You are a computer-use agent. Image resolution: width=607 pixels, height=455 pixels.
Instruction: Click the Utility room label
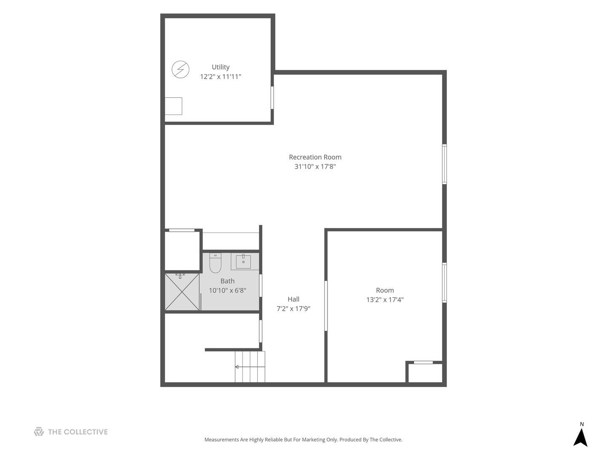[220, 67]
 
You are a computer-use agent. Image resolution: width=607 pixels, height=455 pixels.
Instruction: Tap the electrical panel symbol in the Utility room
[180, 70]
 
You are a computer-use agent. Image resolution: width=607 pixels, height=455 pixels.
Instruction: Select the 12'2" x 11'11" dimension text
[220, 77]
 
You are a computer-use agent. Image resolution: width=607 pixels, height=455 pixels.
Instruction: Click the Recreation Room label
[315, 157]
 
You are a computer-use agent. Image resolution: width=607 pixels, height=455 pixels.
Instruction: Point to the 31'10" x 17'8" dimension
[315, 166]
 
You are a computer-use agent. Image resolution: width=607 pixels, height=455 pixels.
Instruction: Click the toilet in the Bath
[215, 263]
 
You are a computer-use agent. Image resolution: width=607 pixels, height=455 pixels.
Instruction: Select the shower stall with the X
[182, 292]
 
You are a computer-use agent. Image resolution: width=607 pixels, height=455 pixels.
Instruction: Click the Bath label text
[227, 281]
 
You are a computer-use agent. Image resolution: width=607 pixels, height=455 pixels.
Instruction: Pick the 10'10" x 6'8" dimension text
[227, 290]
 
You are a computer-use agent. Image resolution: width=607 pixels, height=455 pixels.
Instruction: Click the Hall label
[293, 299]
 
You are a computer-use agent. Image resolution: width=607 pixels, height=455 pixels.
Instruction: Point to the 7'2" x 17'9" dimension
[293, 308]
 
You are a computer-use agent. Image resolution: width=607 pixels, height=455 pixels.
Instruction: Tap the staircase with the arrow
[250, 367]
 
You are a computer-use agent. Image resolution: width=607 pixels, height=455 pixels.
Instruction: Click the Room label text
[385, 290]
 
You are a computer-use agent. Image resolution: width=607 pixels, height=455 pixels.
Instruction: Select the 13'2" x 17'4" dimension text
[385, 300]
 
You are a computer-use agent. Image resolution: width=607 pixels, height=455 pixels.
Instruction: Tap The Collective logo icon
[39, 431]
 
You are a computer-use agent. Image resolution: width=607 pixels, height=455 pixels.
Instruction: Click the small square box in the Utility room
[173, 106]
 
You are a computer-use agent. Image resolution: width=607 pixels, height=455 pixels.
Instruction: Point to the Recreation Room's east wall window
[444, 164]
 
